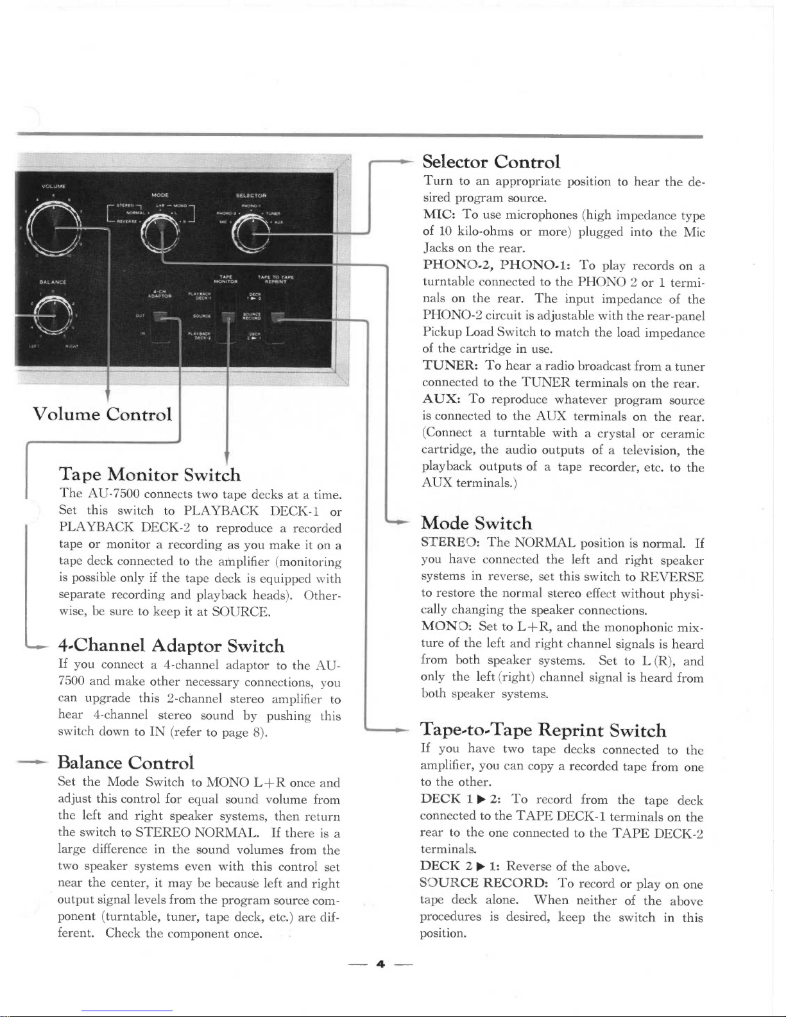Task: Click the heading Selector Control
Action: tap(491, 162)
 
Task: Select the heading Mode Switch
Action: tap(477, 523)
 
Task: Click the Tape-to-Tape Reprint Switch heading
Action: tap(543, 730)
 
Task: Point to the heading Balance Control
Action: tap(126, 762)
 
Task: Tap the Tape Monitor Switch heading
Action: tap(150, 475)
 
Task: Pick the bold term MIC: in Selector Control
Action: tap(439, 215)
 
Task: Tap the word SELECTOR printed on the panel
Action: tap(251, 195)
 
